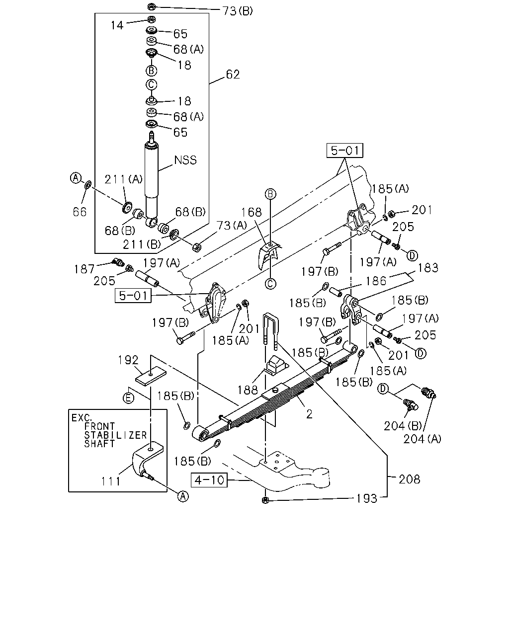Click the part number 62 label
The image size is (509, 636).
pyautogui.click(x=233, y=74)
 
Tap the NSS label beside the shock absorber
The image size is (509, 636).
pyautogui.click(x=185, y=160)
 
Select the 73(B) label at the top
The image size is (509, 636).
pyautogui.click(x=238, y=11)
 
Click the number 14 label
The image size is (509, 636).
pyautogui.click(x=117, y=25)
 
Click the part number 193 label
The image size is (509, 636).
pyautogui.click(x=367, y=498)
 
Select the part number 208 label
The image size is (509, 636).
pyautogui.click(x=409, y=479)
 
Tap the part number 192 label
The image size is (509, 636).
pyautogui.click(x=128, y=360)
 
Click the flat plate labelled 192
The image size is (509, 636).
pyautogui.click(x=151, y=376)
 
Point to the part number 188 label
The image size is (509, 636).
pyautogui.click(x=248, y=390)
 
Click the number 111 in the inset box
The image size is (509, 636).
pyautogui.click(x=111, y=481)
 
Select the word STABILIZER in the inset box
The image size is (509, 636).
pyautogui.click(x=115, y=435)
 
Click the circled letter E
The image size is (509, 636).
pyautogui.click(x=128, y=398)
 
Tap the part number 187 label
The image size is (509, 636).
pyautogui.click(x=85, y=269)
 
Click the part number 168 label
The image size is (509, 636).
pyautogui.click(x=252, y=212)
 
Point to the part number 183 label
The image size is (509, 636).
pyautogui.click(x=428, y=268)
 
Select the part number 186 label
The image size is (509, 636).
pyautogui.click(x=376, y=281)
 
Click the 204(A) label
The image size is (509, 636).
pyautogui.click(x=422, y=439)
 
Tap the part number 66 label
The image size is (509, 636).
pyautogui.click(x=80, y=212)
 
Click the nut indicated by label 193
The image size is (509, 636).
pyautogui.click(x=265, y=500)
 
